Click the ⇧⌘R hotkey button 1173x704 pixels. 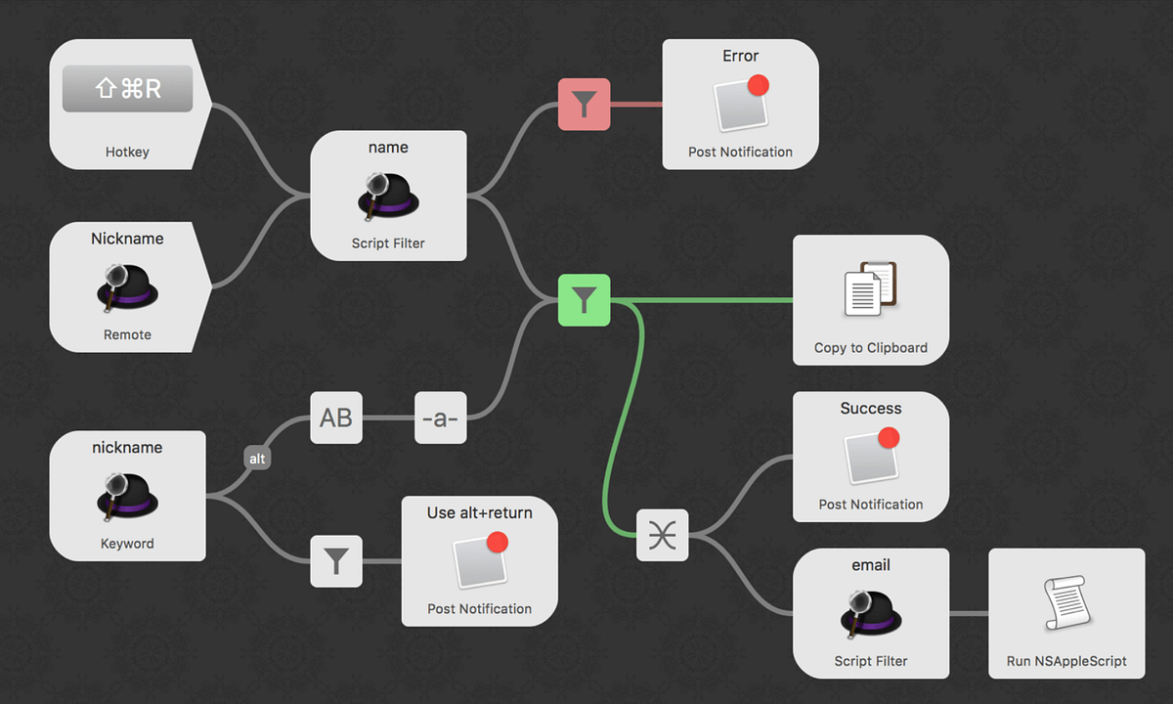coord(127,90)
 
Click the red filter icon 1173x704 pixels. coord(584,105)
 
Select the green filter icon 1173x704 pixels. coord(584,300)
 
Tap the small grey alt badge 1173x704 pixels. coord(257,458)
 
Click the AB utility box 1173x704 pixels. coord(336,418)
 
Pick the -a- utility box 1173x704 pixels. coord(440,418)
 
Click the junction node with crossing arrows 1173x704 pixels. coord(662,535)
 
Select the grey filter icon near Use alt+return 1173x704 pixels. coord(336,561)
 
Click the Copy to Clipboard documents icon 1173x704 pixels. coord(870,288)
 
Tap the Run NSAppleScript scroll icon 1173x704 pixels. coord(1065,604)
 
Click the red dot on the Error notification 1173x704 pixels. coord(757,85)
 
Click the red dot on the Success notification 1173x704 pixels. coord(888,438)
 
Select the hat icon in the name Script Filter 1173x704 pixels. coord(388,196)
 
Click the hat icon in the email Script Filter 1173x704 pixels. coord(870,613)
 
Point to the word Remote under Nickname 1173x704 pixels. coord(127,334)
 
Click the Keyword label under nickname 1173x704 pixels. coord(127,543)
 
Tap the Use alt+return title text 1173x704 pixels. coord(479,512)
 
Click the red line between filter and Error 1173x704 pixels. coord(635,105)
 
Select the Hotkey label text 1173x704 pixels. coord(127,152)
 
